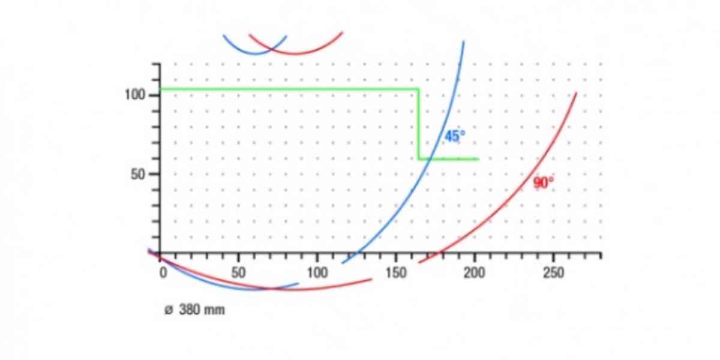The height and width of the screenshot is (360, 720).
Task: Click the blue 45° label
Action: [x=454, y=136]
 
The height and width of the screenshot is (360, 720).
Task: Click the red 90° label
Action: [x=544, y=183]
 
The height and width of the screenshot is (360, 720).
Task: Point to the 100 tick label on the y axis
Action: [x=136, y=95]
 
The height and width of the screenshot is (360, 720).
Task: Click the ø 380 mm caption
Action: [x=194, y=311]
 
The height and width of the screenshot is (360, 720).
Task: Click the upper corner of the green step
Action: [x=418, y=89]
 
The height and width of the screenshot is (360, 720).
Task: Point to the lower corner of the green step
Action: [x=418, y=159]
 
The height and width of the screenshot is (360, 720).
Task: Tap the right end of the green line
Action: [x=478, y=159]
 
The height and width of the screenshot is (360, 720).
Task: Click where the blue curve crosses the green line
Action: [x=425, y=159]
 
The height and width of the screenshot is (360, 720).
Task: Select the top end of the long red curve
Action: [x=576, y=93]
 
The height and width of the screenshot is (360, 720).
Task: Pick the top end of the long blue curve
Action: [x=464, y=41]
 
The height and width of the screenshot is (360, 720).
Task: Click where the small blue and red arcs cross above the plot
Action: [x=272, y=49]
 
